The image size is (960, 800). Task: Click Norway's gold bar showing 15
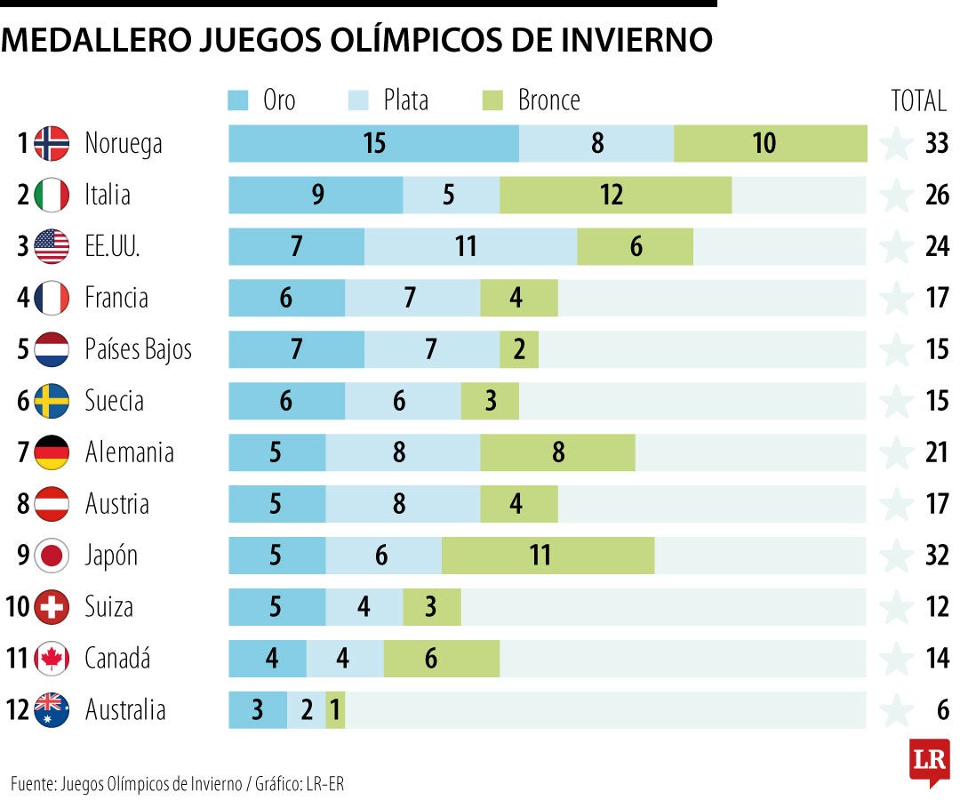point(373,143)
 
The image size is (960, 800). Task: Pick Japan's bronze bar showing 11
point(548,556)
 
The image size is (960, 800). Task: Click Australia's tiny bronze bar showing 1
point(335,710)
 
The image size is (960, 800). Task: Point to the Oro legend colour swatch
point(238,100)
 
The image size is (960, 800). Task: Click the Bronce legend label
point(548,100)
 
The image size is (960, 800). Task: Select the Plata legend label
point(405,100)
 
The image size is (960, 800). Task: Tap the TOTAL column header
point(918,101)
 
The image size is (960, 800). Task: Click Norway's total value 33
point(937,143)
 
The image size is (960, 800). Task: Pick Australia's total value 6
point(942,710)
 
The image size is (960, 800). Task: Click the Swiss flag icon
point(52,607)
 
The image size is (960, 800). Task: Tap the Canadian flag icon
point(52,659)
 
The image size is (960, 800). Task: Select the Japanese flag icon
point(52,556)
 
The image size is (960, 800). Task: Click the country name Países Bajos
point(138,349)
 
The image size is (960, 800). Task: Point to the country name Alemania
point(129,452)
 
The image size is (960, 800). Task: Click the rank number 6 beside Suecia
point(23,401)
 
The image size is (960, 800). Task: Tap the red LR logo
point(929,761)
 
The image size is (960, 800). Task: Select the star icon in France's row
point(896,298)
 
